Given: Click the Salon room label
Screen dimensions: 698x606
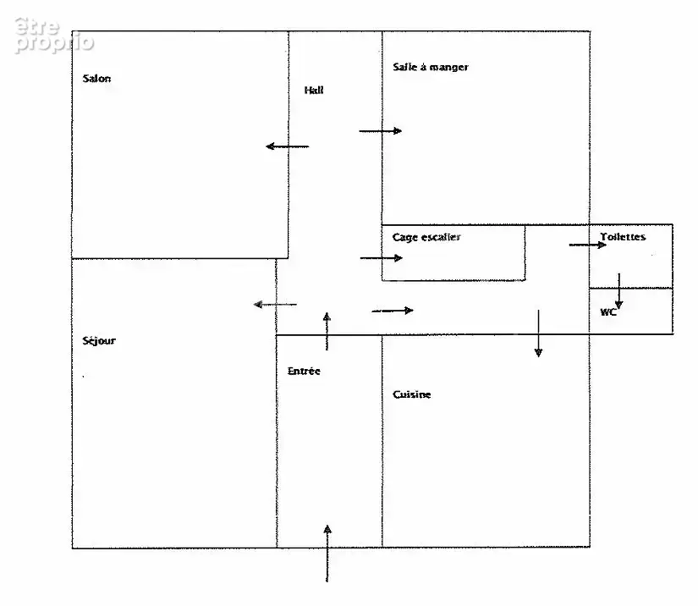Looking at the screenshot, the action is tap(96, 79).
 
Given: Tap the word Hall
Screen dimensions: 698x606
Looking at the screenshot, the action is tap(314, 91).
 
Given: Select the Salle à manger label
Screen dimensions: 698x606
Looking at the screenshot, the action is tap(431, 67).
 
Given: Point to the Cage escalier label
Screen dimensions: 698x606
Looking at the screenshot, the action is tap(426, 237).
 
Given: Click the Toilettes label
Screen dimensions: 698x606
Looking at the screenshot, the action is tap(623, 237).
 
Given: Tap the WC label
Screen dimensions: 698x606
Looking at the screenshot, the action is tap(608, 312).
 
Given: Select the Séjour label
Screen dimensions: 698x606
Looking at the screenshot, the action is tap(99, 341).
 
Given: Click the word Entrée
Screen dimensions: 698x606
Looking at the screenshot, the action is tap(304, 371).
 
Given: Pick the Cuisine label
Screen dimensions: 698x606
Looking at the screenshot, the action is tap(412, 394).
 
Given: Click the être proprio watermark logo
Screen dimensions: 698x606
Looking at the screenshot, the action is tap(54, 36).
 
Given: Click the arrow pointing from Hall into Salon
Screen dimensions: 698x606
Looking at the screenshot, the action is tap(287, 146).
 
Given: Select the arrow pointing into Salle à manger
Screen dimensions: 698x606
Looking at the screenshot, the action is tap(381, 131).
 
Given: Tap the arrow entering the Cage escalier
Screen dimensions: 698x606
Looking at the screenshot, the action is tap(382, 258).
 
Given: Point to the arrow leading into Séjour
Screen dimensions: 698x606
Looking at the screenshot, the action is tap(275, 305).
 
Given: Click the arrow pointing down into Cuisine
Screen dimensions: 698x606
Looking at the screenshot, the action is tap(539, 333).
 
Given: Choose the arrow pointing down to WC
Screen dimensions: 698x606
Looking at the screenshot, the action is tap(618, 291).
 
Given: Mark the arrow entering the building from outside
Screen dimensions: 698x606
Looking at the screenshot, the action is tap(327, 554).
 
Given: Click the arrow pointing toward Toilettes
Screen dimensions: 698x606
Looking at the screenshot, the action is tap(588, 245).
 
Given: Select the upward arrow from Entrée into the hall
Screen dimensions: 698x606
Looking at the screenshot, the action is tap(327, 331).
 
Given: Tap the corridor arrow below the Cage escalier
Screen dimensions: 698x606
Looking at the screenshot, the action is tap(393, 311).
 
